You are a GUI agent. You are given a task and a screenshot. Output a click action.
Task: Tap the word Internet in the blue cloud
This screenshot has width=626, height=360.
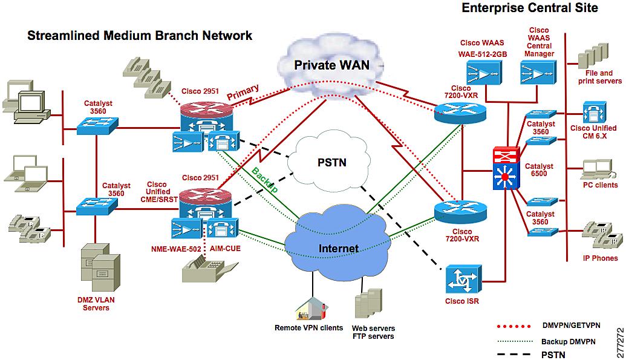pos(339,248)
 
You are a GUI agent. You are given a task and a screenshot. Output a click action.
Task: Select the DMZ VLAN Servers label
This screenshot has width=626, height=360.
pos(96,304)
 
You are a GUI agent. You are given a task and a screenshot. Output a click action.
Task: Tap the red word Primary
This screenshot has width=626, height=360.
pos(243,93)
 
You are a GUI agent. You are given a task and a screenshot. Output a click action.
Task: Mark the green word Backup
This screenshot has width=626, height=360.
pos(265,180)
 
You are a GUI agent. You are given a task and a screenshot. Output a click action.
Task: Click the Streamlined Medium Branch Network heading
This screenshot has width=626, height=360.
pos(140,36)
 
